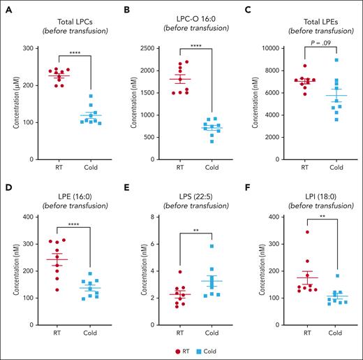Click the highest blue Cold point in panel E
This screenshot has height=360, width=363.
(x=212, y=245)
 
